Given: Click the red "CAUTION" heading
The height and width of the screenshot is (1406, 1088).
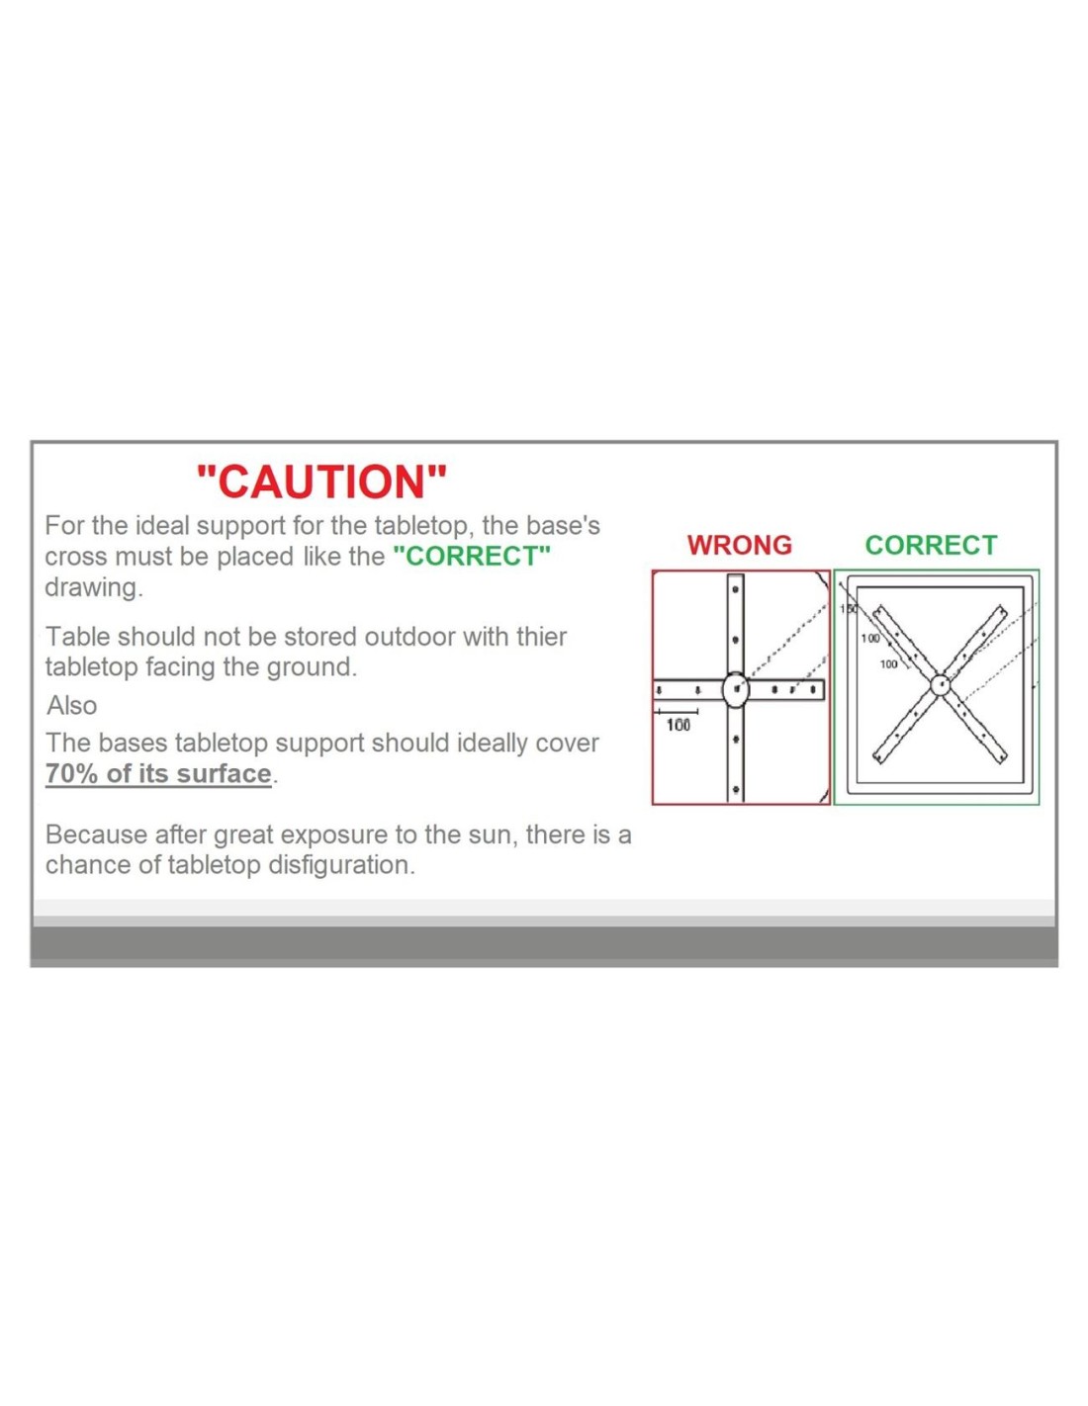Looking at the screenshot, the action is point(321,482).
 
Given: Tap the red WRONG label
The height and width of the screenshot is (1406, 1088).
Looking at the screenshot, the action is point(739,545).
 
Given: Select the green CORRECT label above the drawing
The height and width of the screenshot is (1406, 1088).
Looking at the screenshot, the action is point(931,545).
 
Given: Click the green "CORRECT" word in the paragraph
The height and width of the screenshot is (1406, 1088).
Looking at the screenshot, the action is point(472,556).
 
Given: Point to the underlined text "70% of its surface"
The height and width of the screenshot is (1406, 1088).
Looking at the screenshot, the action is point(158,774).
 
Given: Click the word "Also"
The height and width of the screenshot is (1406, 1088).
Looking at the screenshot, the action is point(71,705).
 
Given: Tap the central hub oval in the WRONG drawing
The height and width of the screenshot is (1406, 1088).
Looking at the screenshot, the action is point(735,689).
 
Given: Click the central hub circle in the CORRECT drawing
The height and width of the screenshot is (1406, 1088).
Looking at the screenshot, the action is point(940,684).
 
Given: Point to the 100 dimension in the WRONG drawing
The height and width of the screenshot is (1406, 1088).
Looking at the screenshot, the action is point(679,725).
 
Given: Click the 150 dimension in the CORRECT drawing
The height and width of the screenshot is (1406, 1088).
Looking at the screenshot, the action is point(848,609).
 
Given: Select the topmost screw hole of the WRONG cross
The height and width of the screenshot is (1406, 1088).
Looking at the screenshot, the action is point(735,589).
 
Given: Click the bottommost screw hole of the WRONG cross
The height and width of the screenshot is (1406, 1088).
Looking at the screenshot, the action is point(735,789).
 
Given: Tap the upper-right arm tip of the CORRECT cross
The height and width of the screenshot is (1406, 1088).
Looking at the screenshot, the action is point(1003,611).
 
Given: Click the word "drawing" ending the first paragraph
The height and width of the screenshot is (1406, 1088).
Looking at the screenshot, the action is point(91,587).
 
